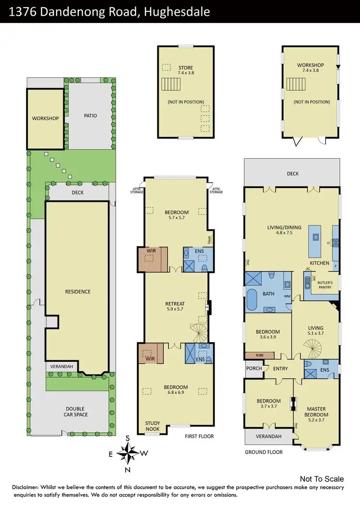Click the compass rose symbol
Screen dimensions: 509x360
[128, 452]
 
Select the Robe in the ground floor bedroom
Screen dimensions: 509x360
[259, 355]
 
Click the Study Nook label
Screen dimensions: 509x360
[153, 426]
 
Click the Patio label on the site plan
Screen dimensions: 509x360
[90, 116]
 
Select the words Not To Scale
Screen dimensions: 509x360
[322, 479]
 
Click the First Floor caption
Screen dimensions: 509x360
[199, 437]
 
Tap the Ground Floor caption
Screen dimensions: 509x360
[264, 452]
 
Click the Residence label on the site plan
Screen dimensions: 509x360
[78, 292]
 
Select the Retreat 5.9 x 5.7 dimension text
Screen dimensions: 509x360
[175, 310]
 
